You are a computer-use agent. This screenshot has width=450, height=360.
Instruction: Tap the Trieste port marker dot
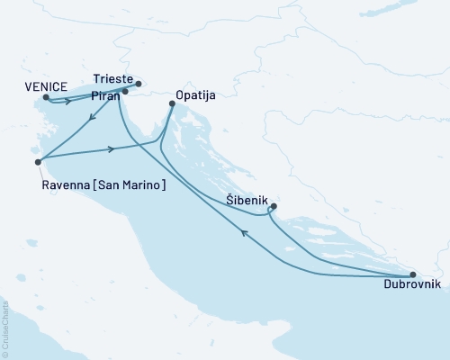point(138,85)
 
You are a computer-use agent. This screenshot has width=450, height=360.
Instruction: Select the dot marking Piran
point(125,91)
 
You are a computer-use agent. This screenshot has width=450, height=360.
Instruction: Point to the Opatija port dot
point(172,104)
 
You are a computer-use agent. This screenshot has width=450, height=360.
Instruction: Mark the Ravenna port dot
point(37,162)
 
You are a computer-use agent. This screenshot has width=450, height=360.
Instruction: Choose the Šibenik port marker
point(274,207)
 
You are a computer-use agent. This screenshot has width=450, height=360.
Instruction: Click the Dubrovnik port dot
point(412,274)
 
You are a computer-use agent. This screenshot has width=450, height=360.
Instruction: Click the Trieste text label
point(112,78)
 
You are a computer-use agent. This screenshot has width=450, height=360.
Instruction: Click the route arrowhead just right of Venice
point(68,102)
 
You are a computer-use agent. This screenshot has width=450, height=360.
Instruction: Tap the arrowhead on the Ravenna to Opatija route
point(111,148)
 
